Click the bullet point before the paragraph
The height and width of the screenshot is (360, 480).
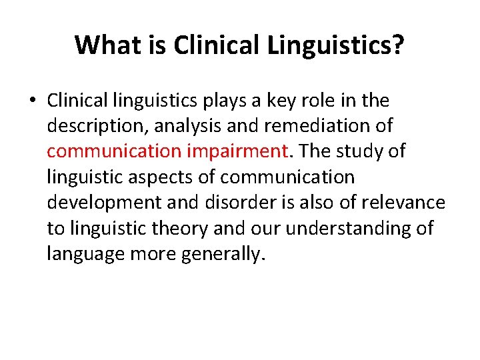[31, 101]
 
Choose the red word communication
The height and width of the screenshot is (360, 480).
[114, 152]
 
